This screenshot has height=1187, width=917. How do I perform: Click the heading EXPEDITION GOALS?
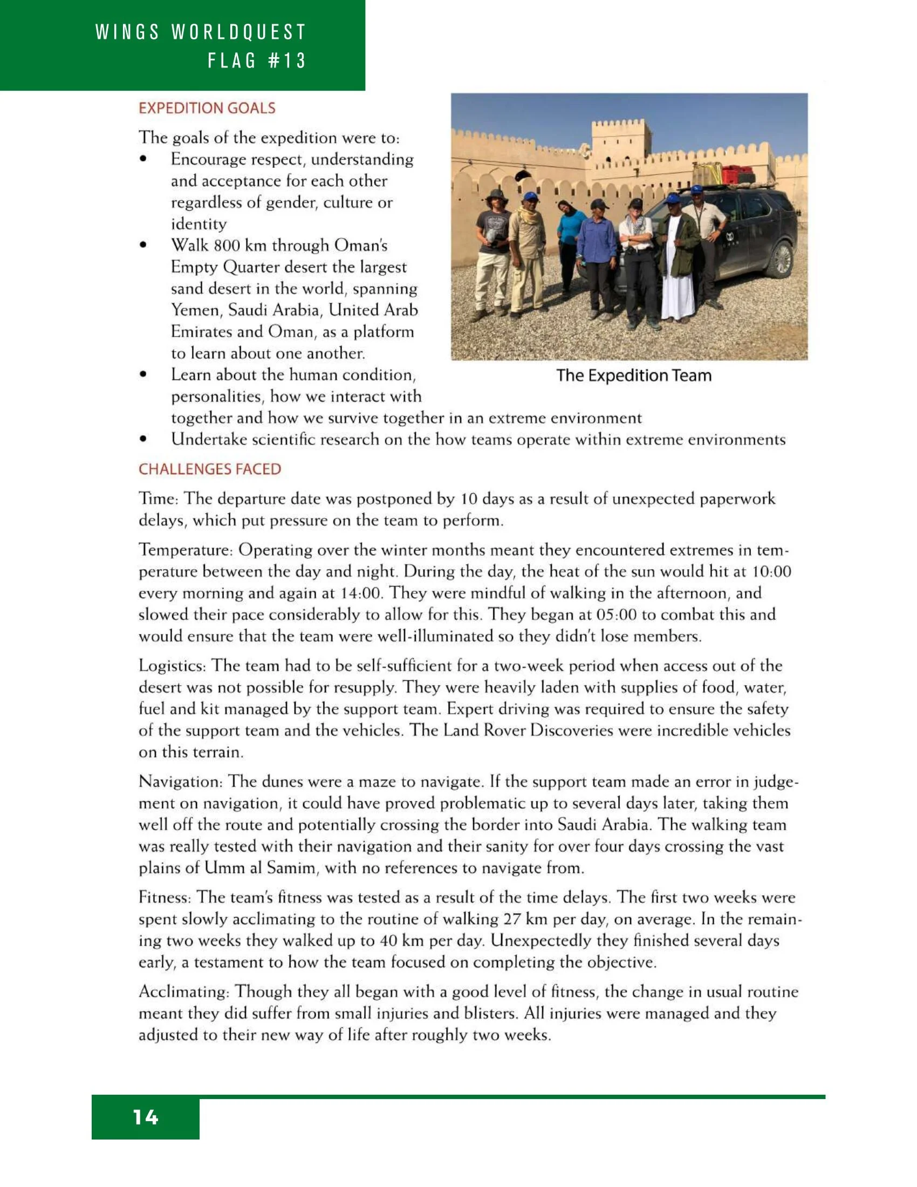tap(207, 108)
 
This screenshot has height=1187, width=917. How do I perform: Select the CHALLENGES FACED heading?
tap(210, 469)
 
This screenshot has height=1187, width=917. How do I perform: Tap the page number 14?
tap(146, 1117)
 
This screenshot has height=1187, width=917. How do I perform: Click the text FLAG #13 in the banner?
tap(257, 60)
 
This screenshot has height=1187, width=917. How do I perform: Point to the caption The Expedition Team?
tap(633, 376)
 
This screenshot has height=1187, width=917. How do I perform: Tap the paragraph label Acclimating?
tap(183, 992)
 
